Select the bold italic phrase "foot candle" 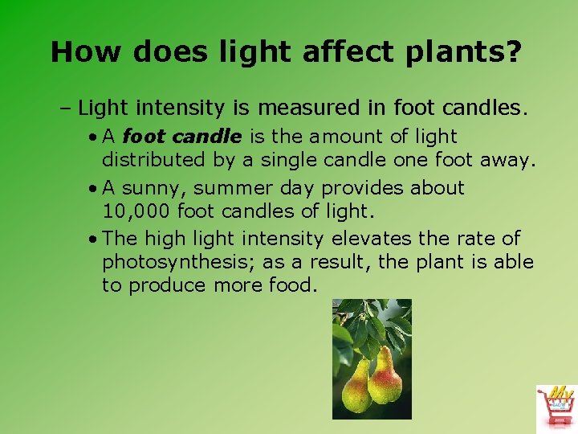coord(181,137)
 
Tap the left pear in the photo coord(355,384)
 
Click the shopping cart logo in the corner coord(556,407)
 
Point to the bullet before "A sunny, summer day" coord(94,188)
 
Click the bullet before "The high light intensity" coord(94,239)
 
